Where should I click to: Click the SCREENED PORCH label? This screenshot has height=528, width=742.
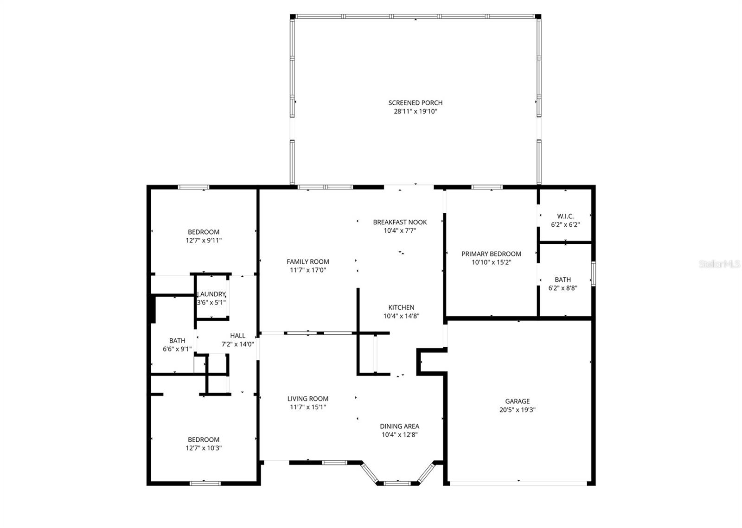tap(415, 103)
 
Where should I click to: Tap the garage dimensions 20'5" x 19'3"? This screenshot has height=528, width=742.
tap(518, 410)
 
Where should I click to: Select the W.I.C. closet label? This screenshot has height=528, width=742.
tap(565, 216)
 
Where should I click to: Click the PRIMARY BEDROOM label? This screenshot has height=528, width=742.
tap(491, 254)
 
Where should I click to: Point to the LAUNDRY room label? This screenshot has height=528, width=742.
tap(211, 294)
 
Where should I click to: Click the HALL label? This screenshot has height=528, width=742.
tap(237, 336)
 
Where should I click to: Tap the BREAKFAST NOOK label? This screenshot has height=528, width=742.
tap(400, 222)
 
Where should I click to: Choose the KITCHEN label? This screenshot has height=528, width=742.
tap(401, 307)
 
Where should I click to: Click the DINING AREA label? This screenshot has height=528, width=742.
tap(399, 426)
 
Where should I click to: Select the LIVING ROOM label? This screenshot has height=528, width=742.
tap(307, 398)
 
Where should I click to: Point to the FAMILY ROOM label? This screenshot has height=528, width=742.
tap(307, 261)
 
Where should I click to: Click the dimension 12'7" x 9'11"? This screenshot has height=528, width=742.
tap(204, 241)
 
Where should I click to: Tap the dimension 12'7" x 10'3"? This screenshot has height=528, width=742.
tap(204, 448)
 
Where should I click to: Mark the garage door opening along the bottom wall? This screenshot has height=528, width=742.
tap(518, 483)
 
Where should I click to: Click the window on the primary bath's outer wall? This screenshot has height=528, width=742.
tap(593, 273)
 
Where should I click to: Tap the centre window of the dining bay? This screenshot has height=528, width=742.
tap(397, 483)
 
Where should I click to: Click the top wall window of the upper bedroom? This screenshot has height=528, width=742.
tap(193, 187)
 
